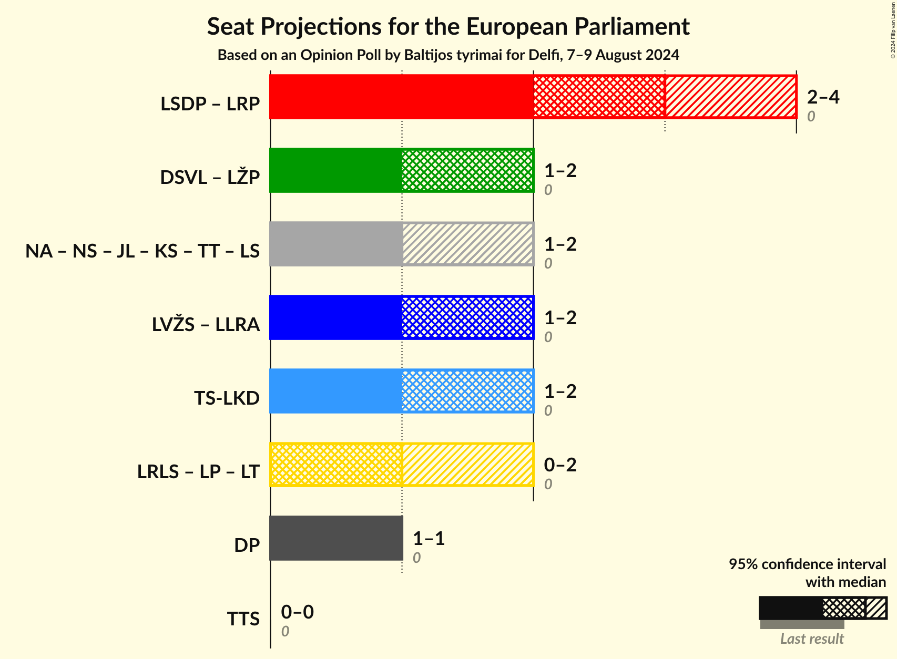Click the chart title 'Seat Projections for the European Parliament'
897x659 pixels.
[x=448, y=26]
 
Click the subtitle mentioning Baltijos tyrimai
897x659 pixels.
[x=448, y=55]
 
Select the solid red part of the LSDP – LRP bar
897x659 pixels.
[x=401, y=97]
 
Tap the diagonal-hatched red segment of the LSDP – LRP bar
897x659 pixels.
[x=731, y=97]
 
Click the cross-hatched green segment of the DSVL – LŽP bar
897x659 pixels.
[x=467, y=170]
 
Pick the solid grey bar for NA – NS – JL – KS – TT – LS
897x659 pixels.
[x=336, y=244]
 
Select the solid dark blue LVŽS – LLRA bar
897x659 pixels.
[x=336, y=317]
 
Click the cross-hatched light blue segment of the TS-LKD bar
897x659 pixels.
[x=467, y=391]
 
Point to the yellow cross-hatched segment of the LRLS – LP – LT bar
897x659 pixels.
[x=336, y=465]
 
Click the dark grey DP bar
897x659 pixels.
[x=336, y=538]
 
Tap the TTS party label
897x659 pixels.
[x=243, y=619]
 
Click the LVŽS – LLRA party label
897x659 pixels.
[x=206, y=325]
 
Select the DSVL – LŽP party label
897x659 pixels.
[x=210, y=178]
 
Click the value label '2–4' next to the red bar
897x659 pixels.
[x=823, y=97]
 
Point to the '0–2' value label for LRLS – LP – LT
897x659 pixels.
[x=560, y=465]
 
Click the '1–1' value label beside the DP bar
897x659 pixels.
[x=429, y=538]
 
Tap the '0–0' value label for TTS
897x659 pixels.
[x=297, y=612]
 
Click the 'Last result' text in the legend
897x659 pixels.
[x=812, y=639]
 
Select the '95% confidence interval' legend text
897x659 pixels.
[x=807, y=564]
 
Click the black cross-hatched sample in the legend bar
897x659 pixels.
[x=844, y=608]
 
